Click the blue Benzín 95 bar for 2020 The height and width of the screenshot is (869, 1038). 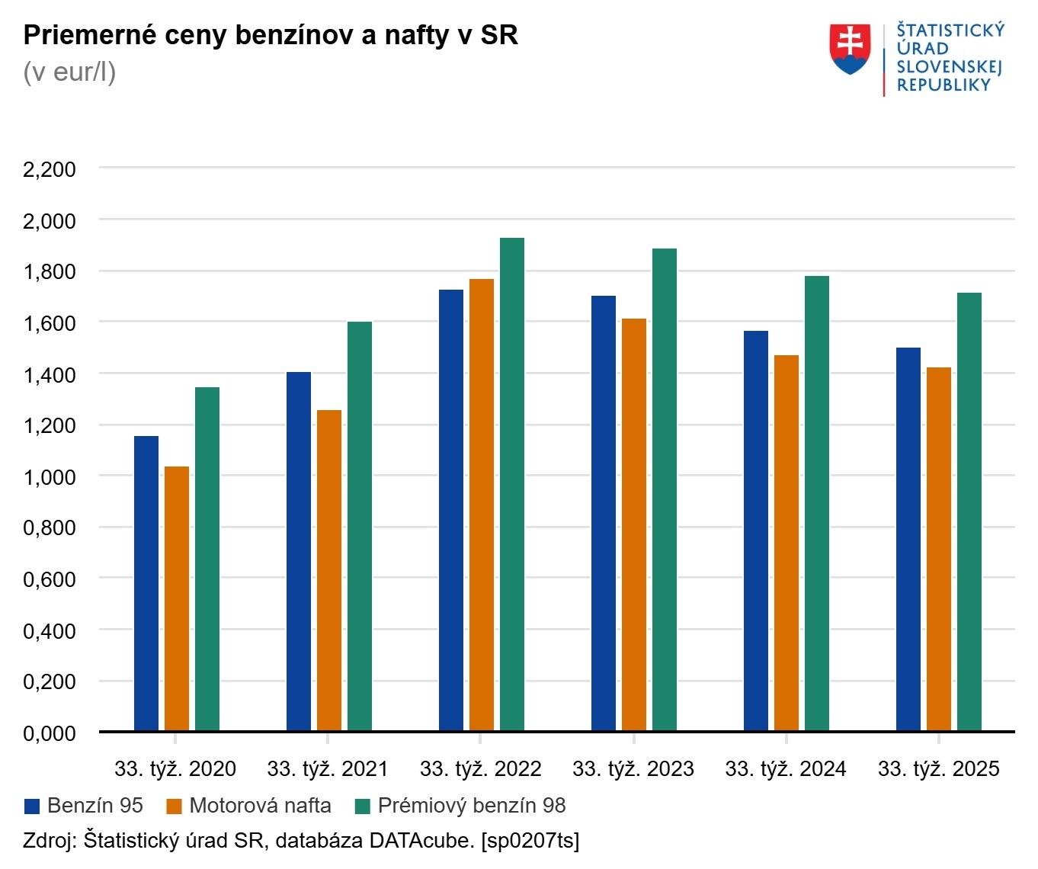[146, 583]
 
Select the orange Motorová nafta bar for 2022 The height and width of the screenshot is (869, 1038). [482, 505]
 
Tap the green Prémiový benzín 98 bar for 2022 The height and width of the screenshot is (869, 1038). [512, 484]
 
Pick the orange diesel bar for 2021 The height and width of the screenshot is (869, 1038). [329, 570]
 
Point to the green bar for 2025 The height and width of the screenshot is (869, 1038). [969, 511]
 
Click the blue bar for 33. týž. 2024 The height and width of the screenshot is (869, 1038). [756, 531]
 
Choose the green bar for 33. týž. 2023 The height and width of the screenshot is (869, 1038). [665, 489]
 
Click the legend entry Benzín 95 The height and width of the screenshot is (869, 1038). [84, 806]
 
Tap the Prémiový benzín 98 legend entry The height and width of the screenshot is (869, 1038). [461, 806]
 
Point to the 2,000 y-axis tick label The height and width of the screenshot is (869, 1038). [50, 220]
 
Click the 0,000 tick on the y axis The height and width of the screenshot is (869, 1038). [50, 733]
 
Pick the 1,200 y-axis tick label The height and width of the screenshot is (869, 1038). [50, 425]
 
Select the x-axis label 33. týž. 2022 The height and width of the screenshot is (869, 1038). [481, 769]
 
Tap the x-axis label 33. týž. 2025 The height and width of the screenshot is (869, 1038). [938, 769]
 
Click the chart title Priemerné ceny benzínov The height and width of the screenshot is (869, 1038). [271, 35]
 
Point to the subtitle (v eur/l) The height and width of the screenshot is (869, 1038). [69, 72]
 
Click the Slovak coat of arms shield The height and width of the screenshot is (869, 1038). [851, 49]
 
